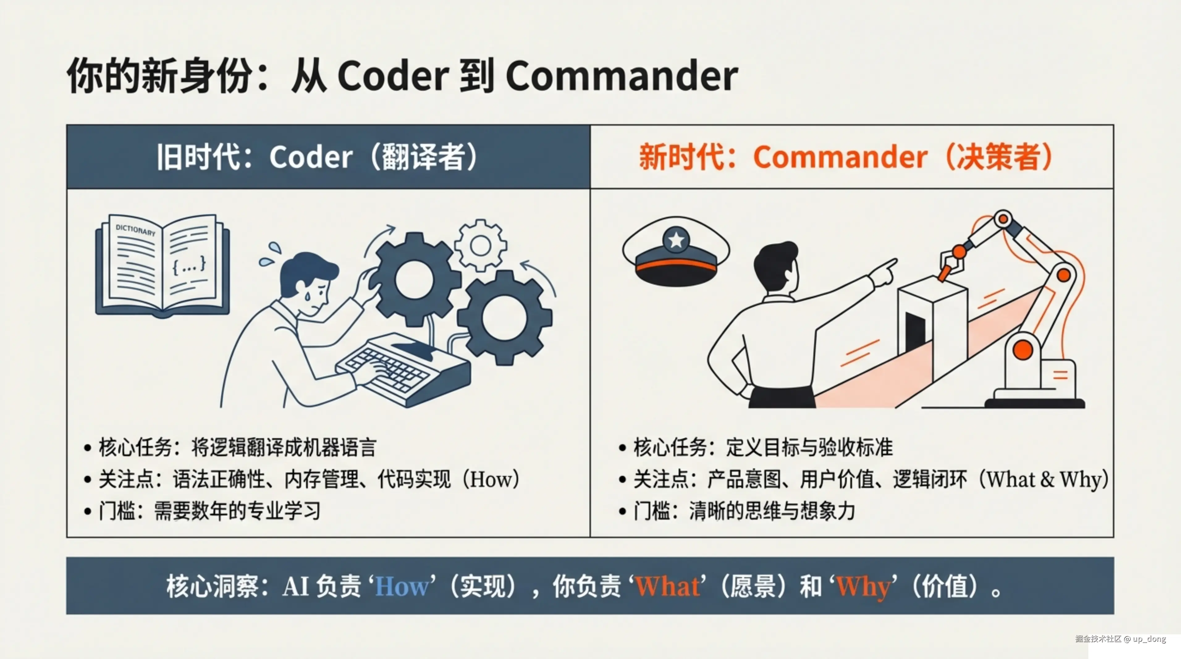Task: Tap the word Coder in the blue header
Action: pos(311,157)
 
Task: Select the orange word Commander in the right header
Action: pos(840,157)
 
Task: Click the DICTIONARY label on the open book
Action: pos(135,229)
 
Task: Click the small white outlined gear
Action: pos(480,245)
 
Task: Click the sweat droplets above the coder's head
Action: pos(271,254)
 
